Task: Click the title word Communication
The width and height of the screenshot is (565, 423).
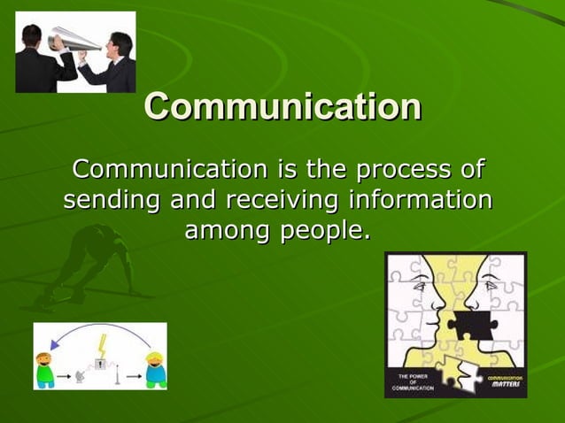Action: point(282,107)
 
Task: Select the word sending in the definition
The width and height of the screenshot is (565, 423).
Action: point(111,200)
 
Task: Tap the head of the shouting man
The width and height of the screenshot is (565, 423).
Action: point(118,42)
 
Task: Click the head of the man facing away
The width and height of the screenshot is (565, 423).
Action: point(34,36)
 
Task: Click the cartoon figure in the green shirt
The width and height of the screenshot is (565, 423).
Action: point(44,370)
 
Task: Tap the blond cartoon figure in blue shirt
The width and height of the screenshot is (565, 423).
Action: point(156,370)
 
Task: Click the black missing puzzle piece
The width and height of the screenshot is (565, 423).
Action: point(468,323)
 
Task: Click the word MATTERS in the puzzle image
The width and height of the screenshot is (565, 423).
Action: point(506,387)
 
